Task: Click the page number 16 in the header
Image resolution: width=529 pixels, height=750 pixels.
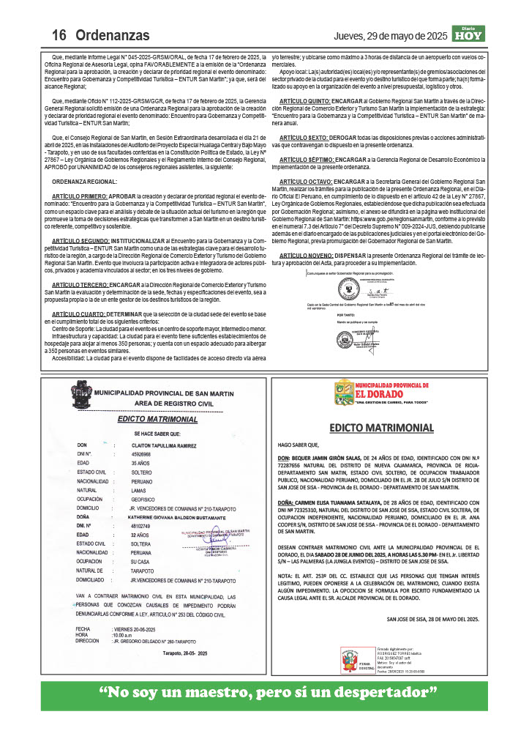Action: point(59,35)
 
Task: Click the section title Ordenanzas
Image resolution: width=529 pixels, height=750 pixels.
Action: point(113,35)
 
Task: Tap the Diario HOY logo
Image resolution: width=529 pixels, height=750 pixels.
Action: point(468,34)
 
